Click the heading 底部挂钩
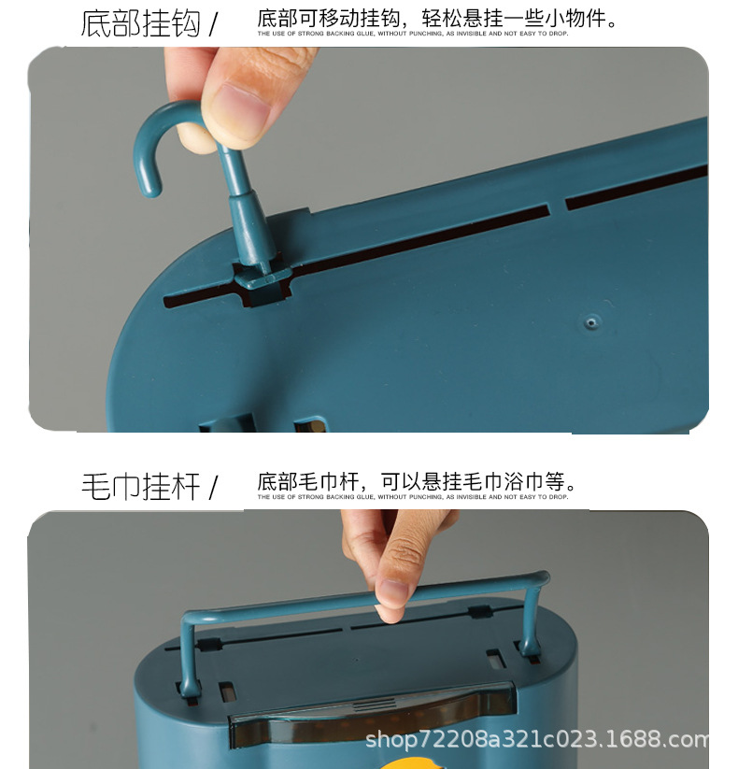140,23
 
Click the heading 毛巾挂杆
140,487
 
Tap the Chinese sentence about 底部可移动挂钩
436,19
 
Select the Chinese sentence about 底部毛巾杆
417,482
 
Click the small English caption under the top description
412,34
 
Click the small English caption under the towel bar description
412,497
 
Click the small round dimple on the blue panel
589,323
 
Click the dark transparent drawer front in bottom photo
374,719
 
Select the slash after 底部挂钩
213,23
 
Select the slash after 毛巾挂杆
213,487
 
